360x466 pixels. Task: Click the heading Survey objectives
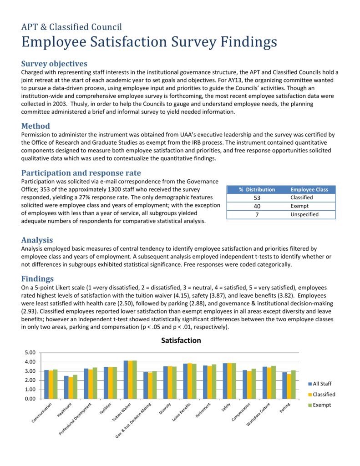coord(54,63)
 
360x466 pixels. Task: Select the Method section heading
coord(35,126)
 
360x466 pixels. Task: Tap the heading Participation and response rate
coord(81,172)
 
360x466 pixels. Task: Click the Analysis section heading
coord(37,240)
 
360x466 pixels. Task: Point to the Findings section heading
coord(38,279)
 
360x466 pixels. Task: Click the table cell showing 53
coord(257,198)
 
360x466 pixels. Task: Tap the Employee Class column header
coord(309,189)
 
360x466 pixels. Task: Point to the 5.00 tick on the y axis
coord(30,353)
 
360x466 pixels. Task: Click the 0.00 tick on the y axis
coord(30,399)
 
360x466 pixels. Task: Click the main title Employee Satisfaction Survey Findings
coord(149,42)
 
